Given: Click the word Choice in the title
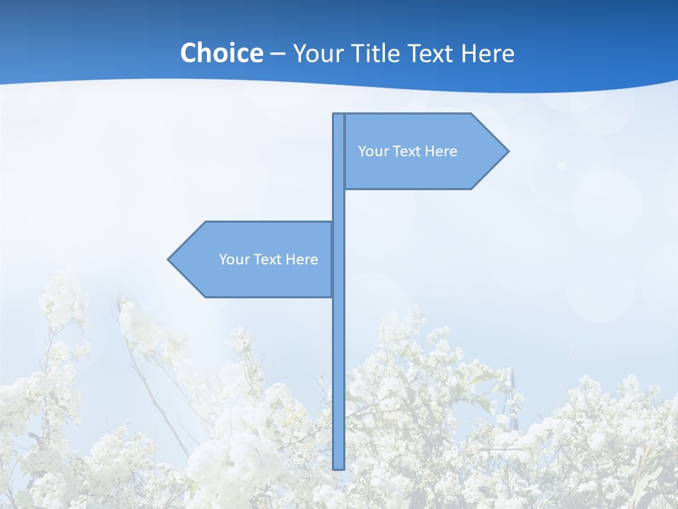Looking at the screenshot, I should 221,53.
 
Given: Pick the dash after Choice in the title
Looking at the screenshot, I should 278,54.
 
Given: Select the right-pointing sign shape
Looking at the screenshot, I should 424,151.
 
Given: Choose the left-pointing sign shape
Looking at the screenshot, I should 254,259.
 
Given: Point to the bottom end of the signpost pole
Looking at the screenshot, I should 338,467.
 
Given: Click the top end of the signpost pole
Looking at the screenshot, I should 338,115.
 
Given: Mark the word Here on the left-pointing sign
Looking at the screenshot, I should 302,259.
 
